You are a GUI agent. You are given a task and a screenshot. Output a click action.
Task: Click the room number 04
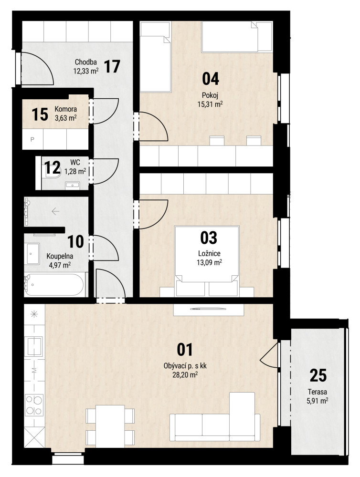(211, 79)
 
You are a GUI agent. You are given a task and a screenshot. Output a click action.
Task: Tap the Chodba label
(85, 62)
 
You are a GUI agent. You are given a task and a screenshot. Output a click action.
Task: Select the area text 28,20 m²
(185, 375)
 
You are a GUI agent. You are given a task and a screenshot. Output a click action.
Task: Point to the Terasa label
(318, 392)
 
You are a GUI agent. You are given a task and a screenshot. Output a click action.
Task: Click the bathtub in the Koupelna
(54, 285)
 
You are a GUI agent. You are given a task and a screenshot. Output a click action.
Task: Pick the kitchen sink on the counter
(34, 346)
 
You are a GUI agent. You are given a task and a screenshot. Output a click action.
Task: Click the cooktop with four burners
(34, 404)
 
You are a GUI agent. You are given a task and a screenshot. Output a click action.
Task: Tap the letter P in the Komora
(32, 140)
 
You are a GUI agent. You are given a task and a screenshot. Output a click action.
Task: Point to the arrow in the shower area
(55, 211)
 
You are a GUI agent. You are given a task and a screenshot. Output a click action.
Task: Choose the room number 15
(40, 114)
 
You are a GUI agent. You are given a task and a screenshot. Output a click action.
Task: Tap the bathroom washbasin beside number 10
(33, 253)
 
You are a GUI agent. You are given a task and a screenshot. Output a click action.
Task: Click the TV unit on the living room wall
(209, 309)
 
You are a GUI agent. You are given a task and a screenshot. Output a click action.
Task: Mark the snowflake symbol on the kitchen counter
(34, 314)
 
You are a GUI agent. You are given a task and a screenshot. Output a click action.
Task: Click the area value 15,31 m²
(210, 104)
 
